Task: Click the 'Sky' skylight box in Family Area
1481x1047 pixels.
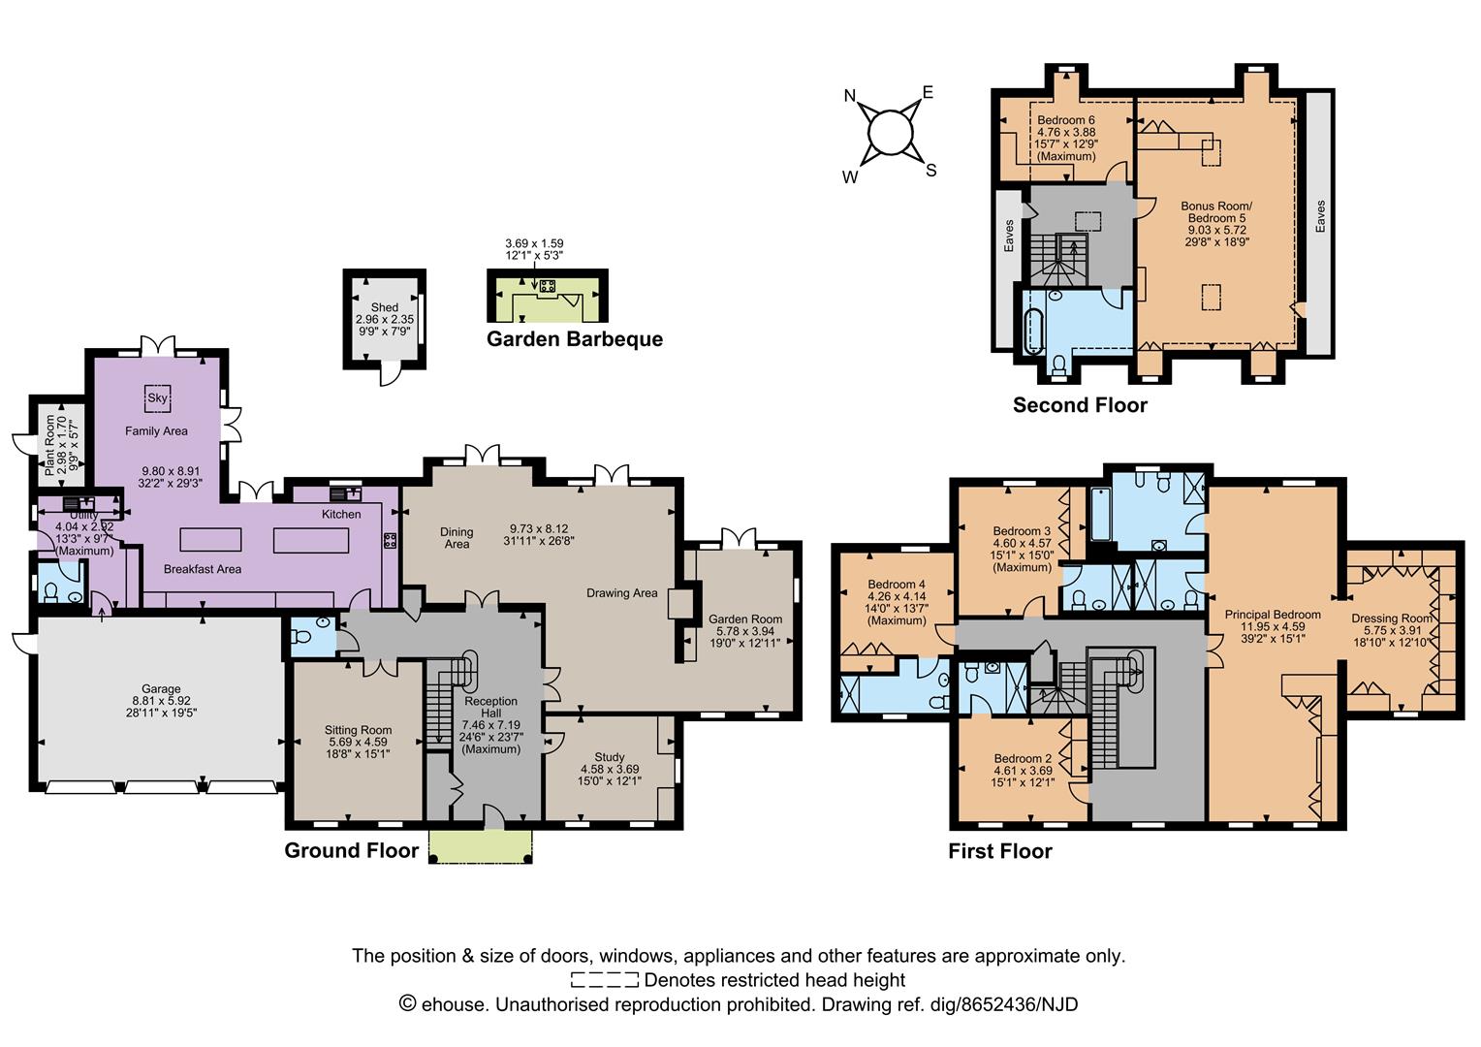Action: click(x=158, y=397)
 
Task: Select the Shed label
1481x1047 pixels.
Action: click(x=385, y=307)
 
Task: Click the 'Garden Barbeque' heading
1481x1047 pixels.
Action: click(x=575, y=339)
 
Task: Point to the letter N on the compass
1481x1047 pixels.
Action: click(x=850, y=95)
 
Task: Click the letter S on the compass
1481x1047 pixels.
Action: click(x=931, y=171)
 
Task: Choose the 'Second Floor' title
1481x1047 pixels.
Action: click(x=1080, y=405)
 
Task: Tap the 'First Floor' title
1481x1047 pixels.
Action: click(x=999, y=851)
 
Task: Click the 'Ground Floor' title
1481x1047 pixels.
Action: click(x=351, y=850)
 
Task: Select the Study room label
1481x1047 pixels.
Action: click(x=610, y=757)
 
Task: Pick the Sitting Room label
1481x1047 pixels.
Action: click(x=358, y=730)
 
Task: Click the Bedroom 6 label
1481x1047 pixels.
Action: click(x=1066, y=120)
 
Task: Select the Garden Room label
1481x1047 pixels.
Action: click(x=744, y=619)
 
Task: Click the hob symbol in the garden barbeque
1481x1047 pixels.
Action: click(x=547, y=286)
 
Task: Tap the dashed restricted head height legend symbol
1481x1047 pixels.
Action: click(x=605, y=980)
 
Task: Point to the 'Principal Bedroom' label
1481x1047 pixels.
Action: click(x=1273, y=615)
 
